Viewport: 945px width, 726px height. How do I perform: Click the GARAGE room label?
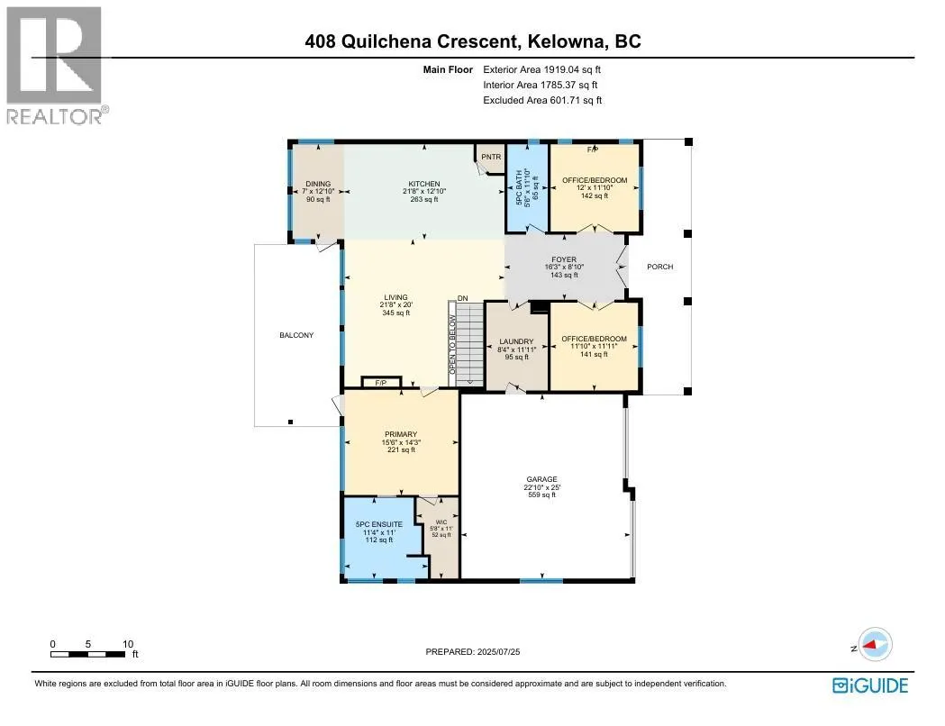click(x=542, y=479)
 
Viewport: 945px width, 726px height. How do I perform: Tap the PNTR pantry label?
click(x=490, y=157)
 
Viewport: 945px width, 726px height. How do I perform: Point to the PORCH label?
click(x=660, y=267)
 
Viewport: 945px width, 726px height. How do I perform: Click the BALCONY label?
click(x=296, y=335)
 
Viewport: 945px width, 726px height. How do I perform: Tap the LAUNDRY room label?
click(x=517, y=341)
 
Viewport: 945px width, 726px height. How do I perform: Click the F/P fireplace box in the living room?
click(x=381, y=383)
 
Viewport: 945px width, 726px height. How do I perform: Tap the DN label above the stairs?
click(x=463, y=298)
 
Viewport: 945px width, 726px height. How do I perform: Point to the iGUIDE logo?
click(x=869, y=685)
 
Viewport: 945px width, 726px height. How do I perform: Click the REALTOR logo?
click(x=56, y=63)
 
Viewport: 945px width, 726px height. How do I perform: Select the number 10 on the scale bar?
click(x=128, y=644)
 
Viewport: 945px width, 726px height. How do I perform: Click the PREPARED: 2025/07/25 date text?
click(x=473, y=651)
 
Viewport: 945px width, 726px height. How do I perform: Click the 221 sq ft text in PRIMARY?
click(x=401, y=449)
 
